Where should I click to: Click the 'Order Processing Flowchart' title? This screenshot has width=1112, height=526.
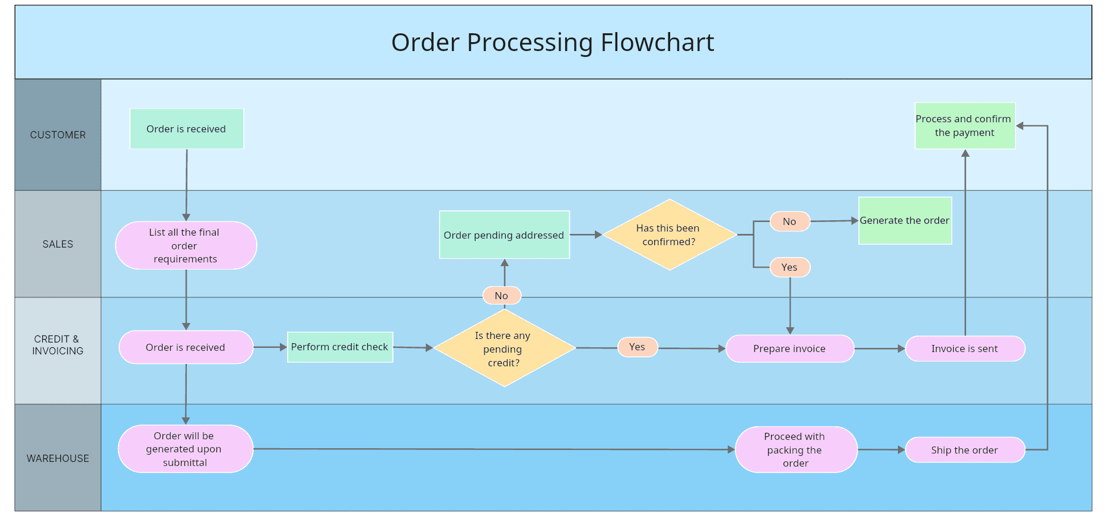552,43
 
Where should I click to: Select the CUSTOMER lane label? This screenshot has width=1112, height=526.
58,135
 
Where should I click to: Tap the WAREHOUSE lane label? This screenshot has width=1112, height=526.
58,458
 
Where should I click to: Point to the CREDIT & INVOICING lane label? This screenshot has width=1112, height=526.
58,345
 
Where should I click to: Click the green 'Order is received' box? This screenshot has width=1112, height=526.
186,129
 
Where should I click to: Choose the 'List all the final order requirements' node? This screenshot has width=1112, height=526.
186,245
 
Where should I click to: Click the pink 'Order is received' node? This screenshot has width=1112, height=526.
186,347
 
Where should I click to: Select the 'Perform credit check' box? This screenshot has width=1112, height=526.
340,347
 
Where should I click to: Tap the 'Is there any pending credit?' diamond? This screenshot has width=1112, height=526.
504,348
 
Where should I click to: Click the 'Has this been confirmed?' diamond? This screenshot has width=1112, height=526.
669,235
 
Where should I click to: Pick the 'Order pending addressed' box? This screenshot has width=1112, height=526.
504,235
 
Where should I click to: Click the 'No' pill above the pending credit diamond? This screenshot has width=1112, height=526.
502,295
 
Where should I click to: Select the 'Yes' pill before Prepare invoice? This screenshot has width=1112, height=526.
638,347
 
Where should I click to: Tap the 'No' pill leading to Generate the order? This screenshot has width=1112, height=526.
789,221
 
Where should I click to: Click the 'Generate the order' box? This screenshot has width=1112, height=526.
905,221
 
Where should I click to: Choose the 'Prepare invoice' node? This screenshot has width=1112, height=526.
789,348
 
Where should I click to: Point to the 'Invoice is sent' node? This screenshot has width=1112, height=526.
965,348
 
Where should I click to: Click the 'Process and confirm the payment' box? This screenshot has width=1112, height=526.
964,126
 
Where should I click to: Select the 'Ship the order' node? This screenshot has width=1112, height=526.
965,450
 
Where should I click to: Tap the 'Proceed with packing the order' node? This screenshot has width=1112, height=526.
795,450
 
